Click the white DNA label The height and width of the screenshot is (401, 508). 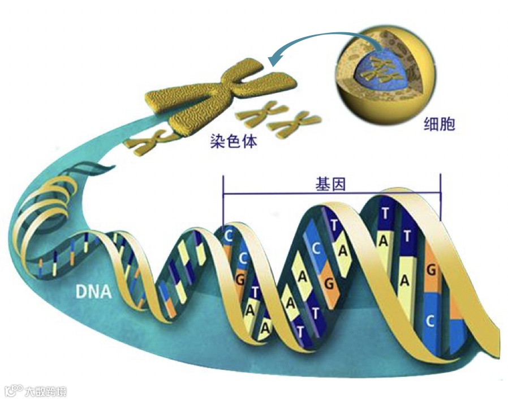pyautogui.click(x=94, y=293)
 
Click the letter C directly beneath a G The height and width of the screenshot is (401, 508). pyautogui.click(x=430, y=321)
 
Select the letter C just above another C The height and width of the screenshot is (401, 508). pyautogui.click(x=229, y=235)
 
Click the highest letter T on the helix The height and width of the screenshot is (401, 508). pyautogui.click(x=385, y=214)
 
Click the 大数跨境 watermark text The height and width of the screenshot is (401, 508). pyautogui.click(x=45, y=391)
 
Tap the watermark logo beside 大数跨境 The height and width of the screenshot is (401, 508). pyautogui.click(x=12, y=390)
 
